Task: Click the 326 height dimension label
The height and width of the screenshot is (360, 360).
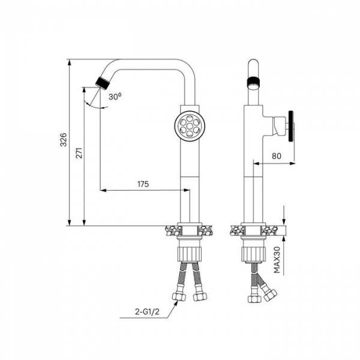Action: click(63, 139)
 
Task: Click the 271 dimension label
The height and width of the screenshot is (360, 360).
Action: click(79, 152)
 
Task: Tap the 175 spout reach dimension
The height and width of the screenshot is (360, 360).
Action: click(143, 184)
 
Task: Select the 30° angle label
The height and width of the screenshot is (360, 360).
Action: click(115, 97)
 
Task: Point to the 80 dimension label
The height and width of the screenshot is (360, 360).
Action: click(277, 156)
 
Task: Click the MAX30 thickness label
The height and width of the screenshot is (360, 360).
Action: click(277, 260)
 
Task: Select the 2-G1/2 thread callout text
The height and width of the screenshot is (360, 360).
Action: click(147, 311)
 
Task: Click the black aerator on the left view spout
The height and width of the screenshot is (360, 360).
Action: click(103, 83)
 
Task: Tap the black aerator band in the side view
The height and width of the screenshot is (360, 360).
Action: click(253, 82)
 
